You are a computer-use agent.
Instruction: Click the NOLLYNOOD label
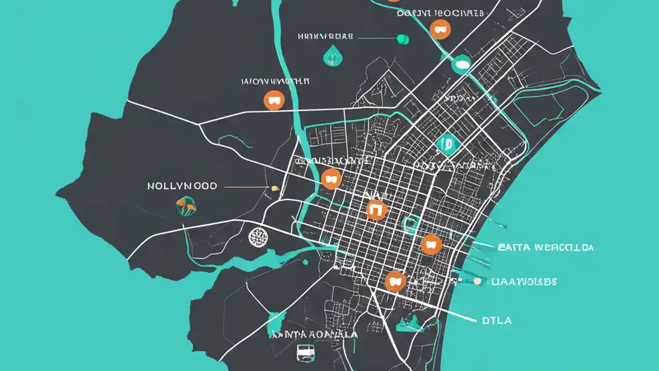click(182, 186)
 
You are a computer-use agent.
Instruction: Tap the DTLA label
click(497, 321)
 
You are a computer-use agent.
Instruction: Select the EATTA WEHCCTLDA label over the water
click(546, 248)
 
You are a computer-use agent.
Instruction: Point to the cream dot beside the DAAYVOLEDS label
click(477, 281)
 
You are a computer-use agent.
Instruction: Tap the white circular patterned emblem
click(258, 237)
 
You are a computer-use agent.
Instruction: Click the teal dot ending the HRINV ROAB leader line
click(403, 39)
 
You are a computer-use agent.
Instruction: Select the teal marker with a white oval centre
click(461, 64)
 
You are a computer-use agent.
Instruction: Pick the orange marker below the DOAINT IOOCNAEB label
click(440, 30)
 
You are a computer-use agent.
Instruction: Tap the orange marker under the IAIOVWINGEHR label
click(274, 100)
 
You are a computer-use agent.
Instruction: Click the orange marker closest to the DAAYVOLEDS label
click(395, 281)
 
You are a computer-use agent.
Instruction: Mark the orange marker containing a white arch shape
click(376, 210)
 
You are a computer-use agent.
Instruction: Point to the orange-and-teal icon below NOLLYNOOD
click(185, 206)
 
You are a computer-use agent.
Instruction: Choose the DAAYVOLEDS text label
click(524, 282)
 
